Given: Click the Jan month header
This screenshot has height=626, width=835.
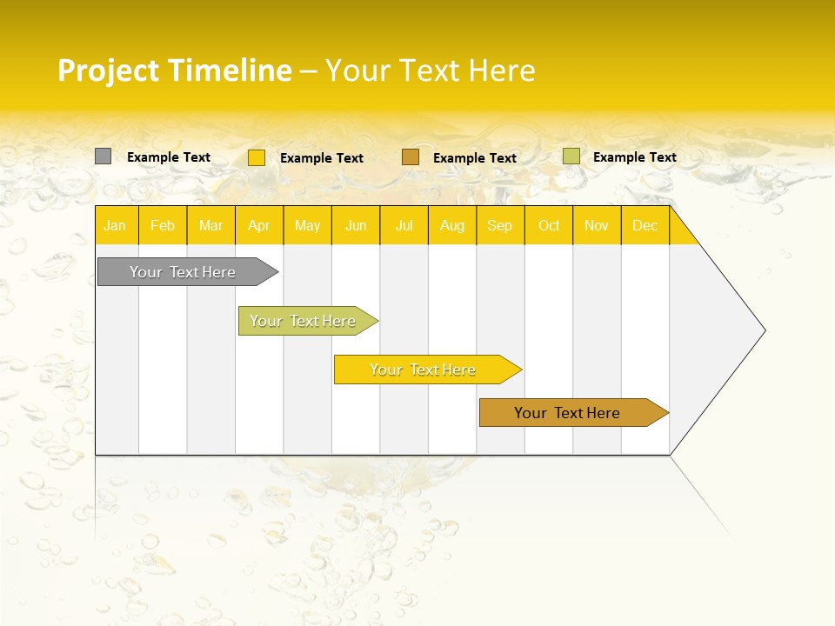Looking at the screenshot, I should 115,225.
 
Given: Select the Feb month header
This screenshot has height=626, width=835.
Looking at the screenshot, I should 163,225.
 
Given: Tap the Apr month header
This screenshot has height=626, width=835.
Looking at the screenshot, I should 259,225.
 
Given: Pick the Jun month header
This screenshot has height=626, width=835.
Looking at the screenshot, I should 356,225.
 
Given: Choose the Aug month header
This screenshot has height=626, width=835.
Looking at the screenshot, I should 452,225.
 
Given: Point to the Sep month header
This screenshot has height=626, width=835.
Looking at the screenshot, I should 500,225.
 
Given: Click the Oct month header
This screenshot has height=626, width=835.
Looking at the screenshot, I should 549,225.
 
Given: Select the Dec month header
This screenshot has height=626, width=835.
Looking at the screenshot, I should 645,225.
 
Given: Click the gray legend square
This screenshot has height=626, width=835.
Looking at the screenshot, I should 103,156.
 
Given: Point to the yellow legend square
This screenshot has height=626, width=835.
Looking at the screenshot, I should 257,157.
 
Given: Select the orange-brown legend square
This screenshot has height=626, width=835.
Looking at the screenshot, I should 411,156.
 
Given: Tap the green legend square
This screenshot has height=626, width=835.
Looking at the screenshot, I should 571,156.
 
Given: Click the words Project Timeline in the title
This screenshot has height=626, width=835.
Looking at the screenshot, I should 174,70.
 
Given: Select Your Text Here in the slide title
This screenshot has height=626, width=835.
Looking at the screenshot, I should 430,70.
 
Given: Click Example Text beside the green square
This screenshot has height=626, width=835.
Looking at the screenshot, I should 634,157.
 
